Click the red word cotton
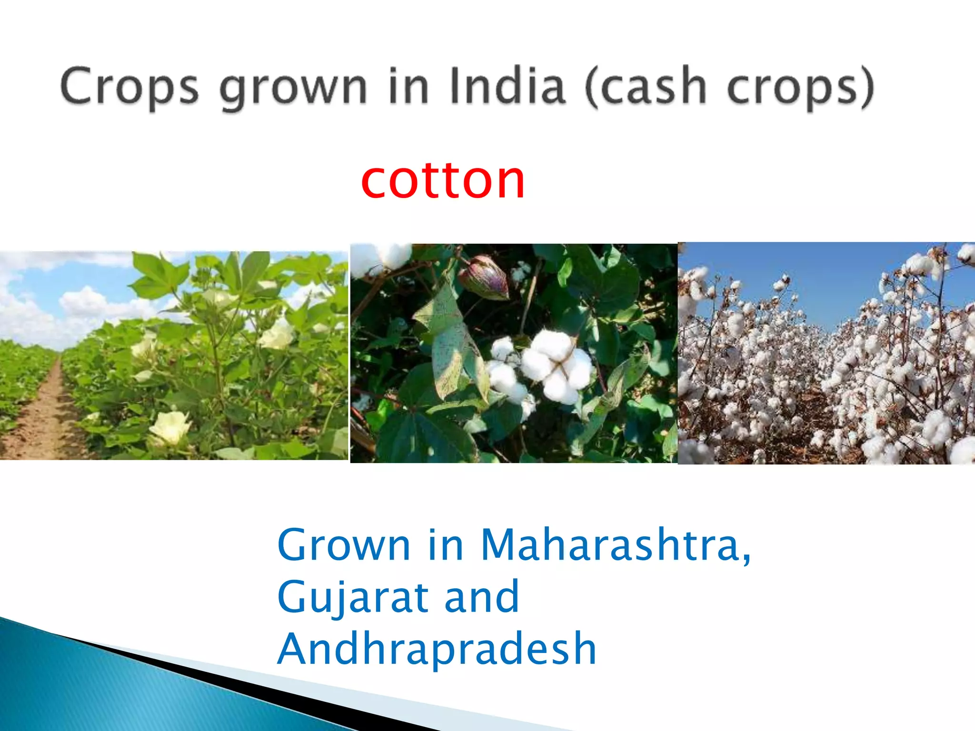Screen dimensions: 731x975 [443, 180]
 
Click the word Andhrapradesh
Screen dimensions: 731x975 [437, 648]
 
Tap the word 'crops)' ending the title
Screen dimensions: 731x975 [800, 88]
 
